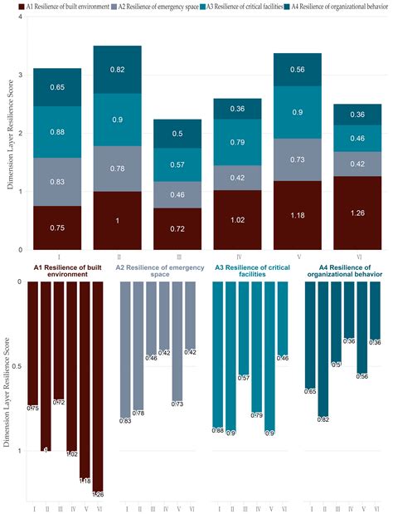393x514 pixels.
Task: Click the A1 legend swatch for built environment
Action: click(7, 7)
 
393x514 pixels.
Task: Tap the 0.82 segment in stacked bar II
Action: click(117, 70)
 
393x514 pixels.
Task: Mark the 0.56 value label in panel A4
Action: click(361, 376)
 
